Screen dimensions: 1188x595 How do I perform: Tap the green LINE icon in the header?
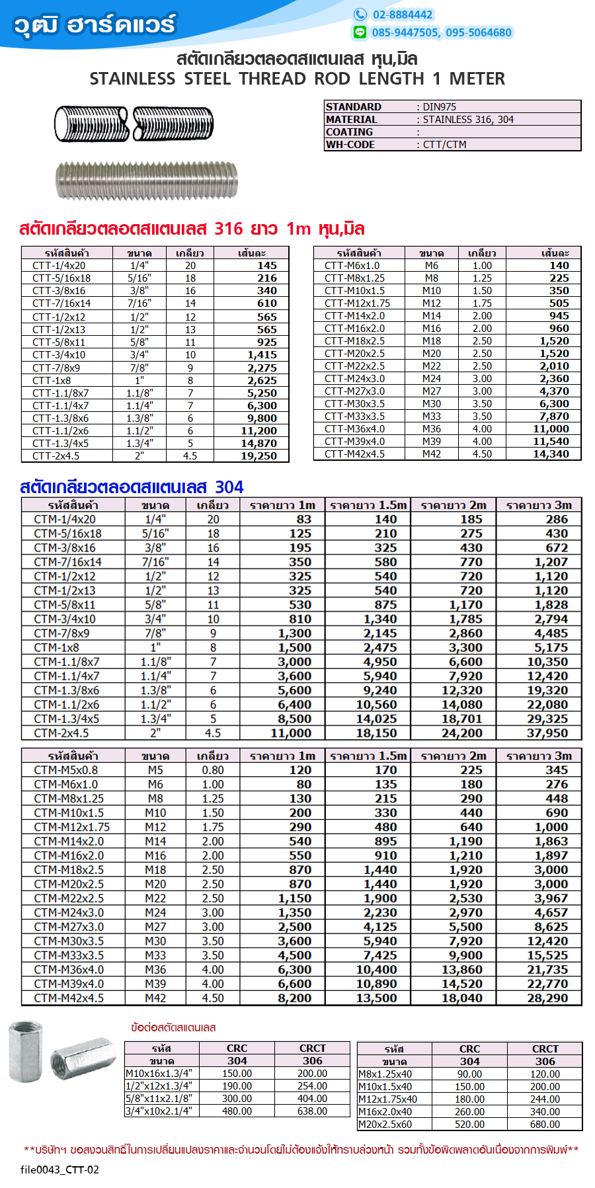360,32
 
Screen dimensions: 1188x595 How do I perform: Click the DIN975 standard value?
439,106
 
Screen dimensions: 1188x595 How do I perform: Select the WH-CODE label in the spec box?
350,144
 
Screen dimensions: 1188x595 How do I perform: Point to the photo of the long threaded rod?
147,180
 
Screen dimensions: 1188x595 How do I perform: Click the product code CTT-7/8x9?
56,368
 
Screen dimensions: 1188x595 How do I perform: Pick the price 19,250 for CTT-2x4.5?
258,455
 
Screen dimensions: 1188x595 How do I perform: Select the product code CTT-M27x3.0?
354,391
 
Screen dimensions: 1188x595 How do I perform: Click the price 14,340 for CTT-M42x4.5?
551,454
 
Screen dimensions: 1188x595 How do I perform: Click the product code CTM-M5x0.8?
66,770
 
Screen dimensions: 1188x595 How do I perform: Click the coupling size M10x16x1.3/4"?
159,1073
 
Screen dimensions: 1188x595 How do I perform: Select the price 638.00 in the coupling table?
312,1111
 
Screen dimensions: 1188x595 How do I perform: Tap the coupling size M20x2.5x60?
385,1124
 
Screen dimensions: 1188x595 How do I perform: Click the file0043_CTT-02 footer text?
59,1169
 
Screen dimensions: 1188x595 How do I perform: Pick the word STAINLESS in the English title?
132,79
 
